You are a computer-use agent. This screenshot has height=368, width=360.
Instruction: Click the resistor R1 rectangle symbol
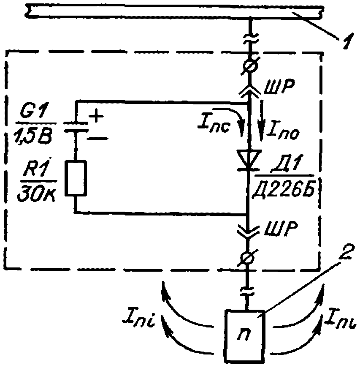pos(76,178)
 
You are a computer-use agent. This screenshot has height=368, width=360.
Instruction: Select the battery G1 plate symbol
pos(76,127)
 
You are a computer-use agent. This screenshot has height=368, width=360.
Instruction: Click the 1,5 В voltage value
pos(33,136)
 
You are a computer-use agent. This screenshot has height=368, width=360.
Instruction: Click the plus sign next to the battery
pos(96,117)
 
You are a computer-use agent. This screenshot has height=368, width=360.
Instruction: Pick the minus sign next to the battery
pos(97,139)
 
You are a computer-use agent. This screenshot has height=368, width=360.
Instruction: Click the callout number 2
pos(345,252)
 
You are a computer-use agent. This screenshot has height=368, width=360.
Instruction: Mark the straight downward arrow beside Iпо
pos(261,120)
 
